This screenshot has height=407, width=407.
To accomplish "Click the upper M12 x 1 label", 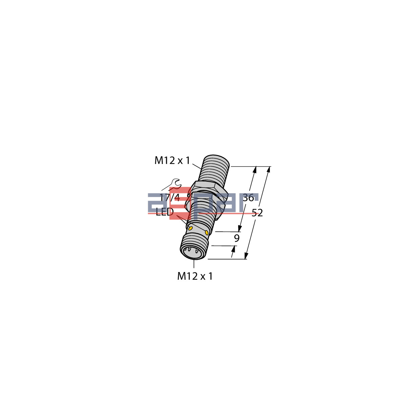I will click(172, 160).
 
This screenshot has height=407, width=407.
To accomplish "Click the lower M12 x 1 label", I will click(195, 276).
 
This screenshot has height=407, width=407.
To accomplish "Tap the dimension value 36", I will click(248, 198).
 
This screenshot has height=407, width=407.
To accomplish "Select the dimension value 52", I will click(257, 213).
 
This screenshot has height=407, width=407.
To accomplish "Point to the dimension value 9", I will click(237, 238).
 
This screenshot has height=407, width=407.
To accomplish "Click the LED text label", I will click(165, 213).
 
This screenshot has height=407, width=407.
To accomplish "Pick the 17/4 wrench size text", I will click(170, 198).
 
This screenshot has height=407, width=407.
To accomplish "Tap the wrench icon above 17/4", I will click(175, 183).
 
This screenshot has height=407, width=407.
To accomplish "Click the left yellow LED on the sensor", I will click(191, 228).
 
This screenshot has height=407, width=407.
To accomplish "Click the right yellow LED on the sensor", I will click(207, 232).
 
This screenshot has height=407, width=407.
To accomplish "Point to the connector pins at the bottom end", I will click(191, 252).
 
